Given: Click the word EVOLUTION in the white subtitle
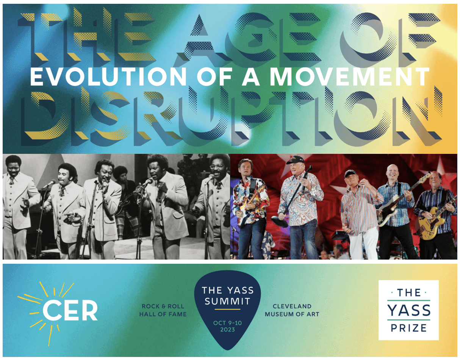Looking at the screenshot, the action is click(x=108, y=77).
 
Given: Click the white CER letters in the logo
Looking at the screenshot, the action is click(x=70, y=311).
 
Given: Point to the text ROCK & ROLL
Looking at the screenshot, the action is click(x=163, y=306).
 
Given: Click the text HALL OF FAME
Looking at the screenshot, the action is click(x=163, y=314).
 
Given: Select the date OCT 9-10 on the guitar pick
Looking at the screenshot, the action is click(x=228, y=323).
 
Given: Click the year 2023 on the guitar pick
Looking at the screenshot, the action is click(x=228, y=330).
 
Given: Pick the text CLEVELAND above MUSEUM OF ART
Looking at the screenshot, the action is click(x=292, y=306).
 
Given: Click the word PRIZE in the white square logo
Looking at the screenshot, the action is click(x=408, y=328).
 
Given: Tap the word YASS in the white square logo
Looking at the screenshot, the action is click(x=409, y=310).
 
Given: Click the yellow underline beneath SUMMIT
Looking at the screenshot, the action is click(x=228, y=309).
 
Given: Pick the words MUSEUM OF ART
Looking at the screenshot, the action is click(x=292, y=314).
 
